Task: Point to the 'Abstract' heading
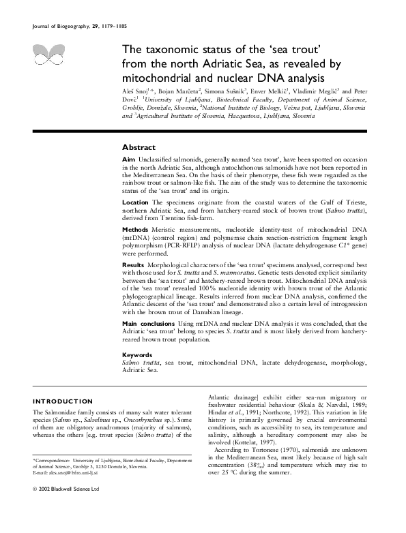(x=139, y=147)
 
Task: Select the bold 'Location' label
(x=135, y=203)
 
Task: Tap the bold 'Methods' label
(x=135, y=230)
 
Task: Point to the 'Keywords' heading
(x=136, y=355)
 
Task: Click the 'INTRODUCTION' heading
(x=63, y=402)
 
